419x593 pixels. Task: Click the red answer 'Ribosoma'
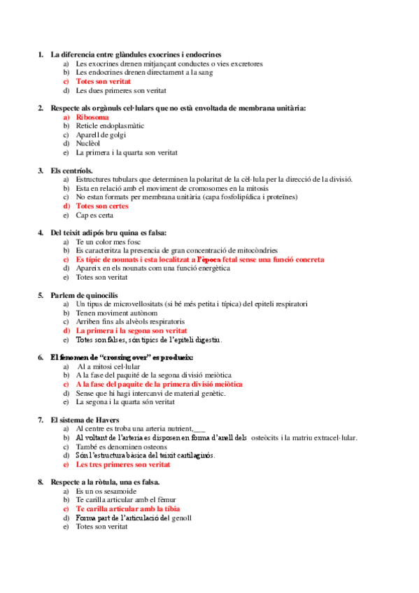tap(92, 117)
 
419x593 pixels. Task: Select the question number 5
tap(41, 295)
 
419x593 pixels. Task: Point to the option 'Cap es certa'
tap(95, 215)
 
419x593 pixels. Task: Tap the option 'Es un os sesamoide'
tap(106, 492)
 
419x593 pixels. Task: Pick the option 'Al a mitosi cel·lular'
tap(109, 366)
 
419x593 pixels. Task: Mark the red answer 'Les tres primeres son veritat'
tap(123, 464)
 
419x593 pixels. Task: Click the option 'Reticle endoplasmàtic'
tap(111, 126)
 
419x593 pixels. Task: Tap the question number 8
tap(41, 482)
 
